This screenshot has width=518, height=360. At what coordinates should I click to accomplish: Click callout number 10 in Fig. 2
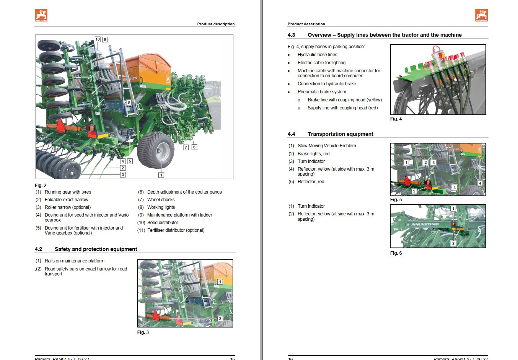point(98,39)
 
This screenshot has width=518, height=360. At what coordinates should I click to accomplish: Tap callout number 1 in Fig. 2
point(161,175)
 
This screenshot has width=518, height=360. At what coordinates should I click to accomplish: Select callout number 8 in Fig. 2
point(129,102)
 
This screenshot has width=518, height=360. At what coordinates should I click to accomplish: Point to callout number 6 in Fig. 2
point(194,147)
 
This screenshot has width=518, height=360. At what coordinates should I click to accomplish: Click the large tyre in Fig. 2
point(156,150)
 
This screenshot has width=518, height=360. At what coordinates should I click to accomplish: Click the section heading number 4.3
point(291,35)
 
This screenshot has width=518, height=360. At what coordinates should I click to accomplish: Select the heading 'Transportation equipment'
point(340,134)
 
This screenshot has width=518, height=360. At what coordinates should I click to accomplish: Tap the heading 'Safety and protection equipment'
point(96,249)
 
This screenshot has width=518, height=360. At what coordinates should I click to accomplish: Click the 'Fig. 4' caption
point(396,119)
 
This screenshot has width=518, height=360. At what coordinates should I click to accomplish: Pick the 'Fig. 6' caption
point(396,253)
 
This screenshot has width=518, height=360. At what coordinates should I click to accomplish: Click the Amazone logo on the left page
point(41,15)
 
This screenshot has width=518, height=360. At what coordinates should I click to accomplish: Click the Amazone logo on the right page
point(481,15)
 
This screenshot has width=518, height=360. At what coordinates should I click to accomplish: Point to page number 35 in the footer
point(232,358)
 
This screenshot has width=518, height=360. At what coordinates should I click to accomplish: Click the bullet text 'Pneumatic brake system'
point(322,92)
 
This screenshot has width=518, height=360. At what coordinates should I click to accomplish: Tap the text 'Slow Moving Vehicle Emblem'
point(327,146)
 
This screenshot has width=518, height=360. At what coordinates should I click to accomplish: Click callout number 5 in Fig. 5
point(414,191)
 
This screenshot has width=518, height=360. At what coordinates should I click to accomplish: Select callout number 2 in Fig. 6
point(453,243)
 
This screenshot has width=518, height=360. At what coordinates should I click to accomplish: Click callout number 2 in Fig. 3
point(220,318)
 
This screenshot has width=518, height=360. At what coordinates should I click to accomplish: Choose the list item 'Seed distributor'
point(163,223)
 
